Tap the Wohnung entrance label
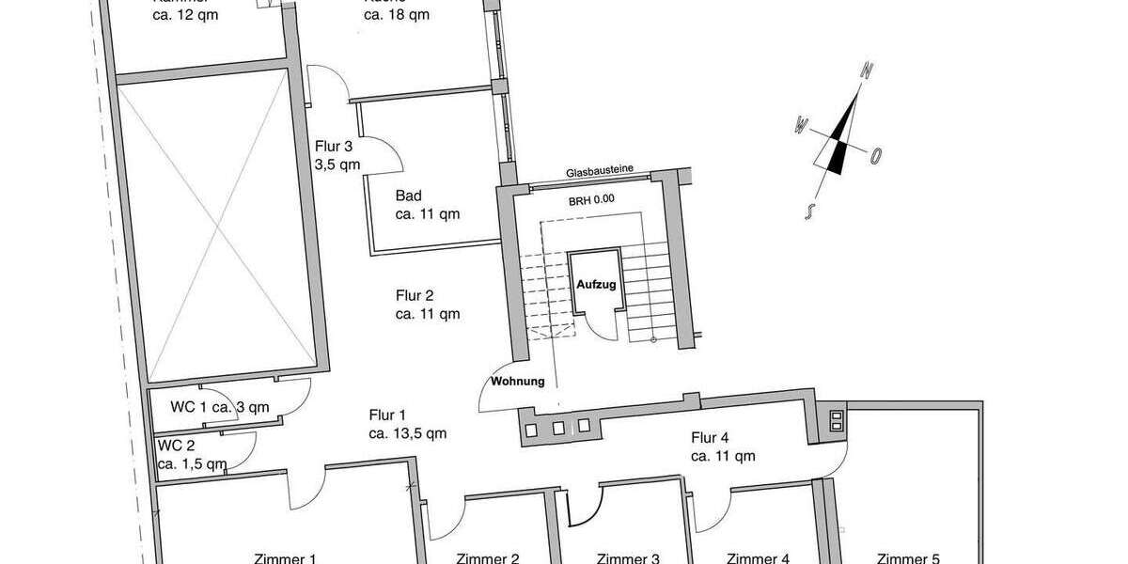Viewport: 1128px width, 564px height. (516, 382)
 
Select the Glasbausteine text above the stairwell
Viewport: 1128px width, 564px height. (599, 171)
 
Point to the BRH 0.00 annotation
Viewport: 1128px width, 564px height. (591, 199)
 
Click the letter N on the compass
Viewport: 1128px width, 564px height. (869, 70)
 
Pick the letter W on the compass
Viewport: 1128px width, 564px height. (802, 123)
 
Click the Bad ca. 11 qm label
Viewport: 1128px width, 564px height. (427, 205)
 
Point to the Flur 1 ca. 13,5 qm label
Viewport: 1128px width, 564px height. (407, 424)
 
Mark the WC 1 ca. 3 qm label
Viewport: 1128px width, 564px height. (220, 407)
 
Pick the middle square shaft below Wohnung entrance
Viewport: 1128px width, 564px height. (558, 429)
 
